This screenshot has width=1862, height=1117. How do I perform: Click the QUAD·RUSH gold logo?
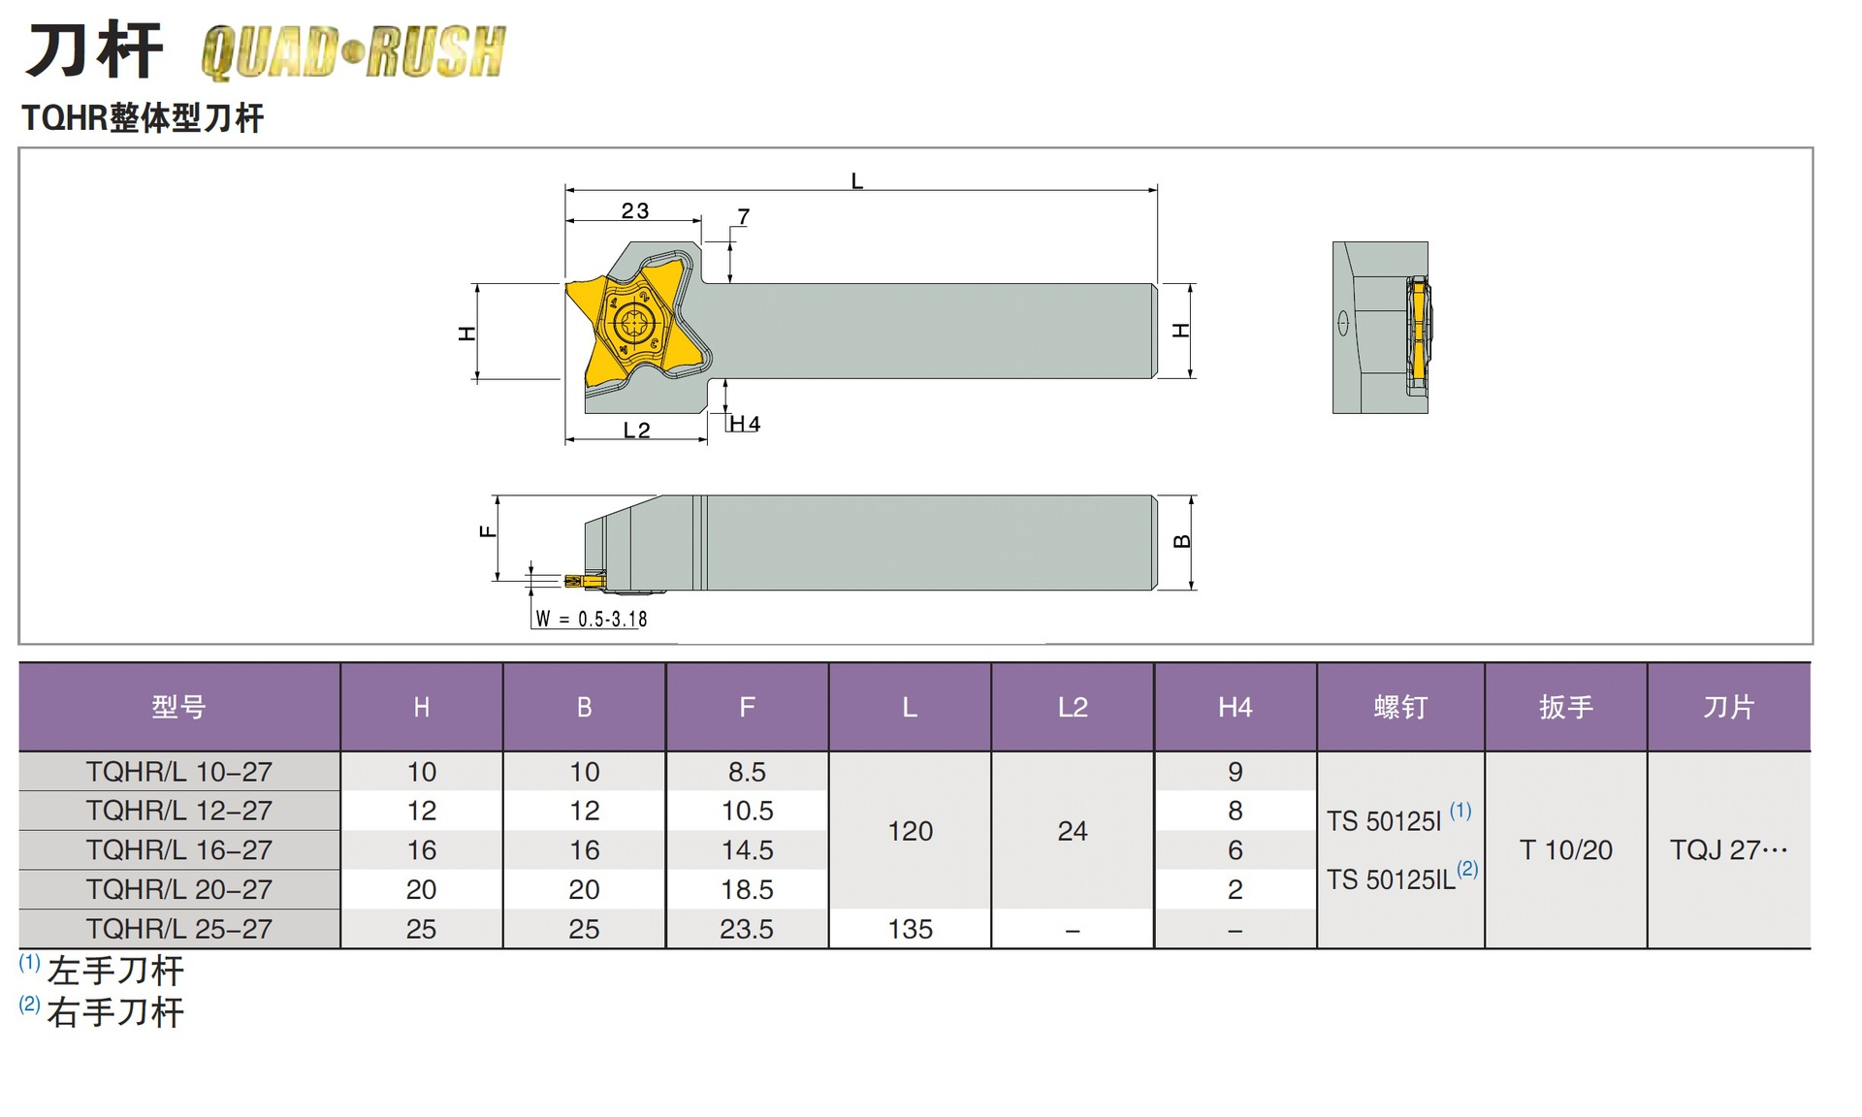pos(353,52)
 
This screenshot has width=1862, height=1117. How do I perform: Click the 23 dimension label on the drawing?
pos(635,210)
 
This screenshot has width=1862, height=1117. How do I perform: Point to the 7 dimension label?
pos(743,216)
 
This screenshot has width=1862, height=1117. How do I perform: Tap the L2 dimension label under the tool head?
pos(636,430)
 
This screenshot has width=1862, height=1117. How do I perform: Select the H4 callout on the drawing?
pos(745,424)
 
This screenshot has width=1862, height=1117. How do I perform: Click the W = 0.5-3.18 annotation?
pos(592,619)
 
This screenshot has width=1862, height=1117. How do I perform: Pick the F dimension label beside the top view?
pos(488,531)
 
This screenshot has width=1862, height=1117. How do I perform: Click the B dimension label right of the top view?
pos(1181,541)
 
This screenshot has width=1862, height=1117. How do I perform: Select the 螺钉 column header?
pos(1400,707)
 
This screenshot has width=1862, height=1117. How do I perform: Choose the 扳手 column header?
pos(1565,707)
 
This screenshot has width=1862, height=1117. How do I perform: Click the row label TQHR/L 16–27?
pos(179,849)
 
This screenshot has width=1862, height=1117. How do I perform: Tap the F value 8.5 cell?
pos(747,772)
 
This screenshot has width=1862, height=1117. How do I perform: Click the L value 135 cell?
pos(910,929)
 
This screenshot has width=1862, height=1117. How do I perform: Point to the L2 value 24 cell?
pos(1073,831)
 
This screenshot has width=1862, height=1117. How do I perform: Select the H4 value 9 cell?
pos(1235,772)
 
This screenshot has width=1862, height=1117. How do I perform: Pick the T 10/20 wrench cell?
pos(1565,850)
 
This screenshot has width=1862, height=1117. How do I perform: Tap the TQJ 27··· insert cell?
pos(1728,850)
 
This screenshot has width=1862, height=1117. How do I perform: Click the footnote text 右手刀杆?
pos(115,1012)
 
